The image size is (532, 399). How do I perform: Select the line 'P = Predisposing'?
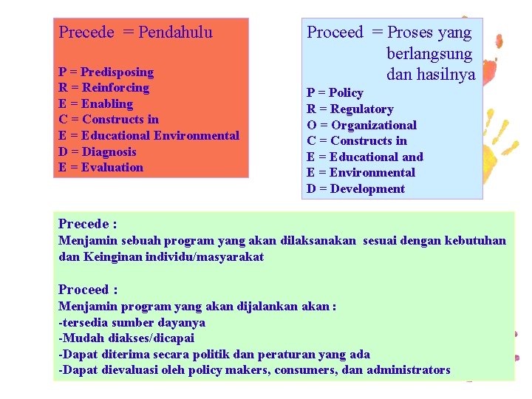pyautogui.click(x=106, y=72)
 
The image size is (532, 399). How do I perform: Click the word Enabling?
pyautogui.click(x=107, y=103)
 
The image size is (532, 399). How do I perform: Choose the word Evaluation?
pyautogui.click(x=112, y=167)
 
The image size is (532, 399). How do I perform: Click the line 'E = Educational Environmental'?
pyautogui.click(x=149, y=135)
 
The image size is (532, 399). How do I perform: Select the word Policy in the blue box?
pyautogui.click(x=346, y=92)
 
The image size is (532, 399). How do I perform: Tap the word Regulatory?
pyautogui.click(x=362, y=109)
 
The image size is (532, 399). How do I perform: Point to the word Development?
pyautogui.click(x=367, y=188)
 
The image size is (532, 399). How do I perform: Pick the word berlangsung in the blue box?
pyautogui.click(x=429, y=53)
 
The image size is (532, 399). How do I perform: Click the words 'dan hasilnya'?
pyautogui.click(x=430, y=74)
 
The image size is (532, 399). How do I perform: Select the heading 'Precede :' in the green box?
pyautogui.click(x=87, y=223)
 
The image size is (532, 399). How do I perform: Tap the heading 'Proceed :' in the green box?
pyautogui.click(x=88, y=290)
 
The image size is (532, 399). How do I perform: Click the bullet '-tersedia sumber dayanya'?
pyautogui.click(x=132, y=322)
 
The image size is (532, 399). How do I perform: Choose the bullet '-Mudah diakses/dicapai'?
pyautogui.click(x=126, y=338)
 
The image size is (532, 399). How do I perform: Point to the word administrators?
pyautogui.click(x=408, y=369)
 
